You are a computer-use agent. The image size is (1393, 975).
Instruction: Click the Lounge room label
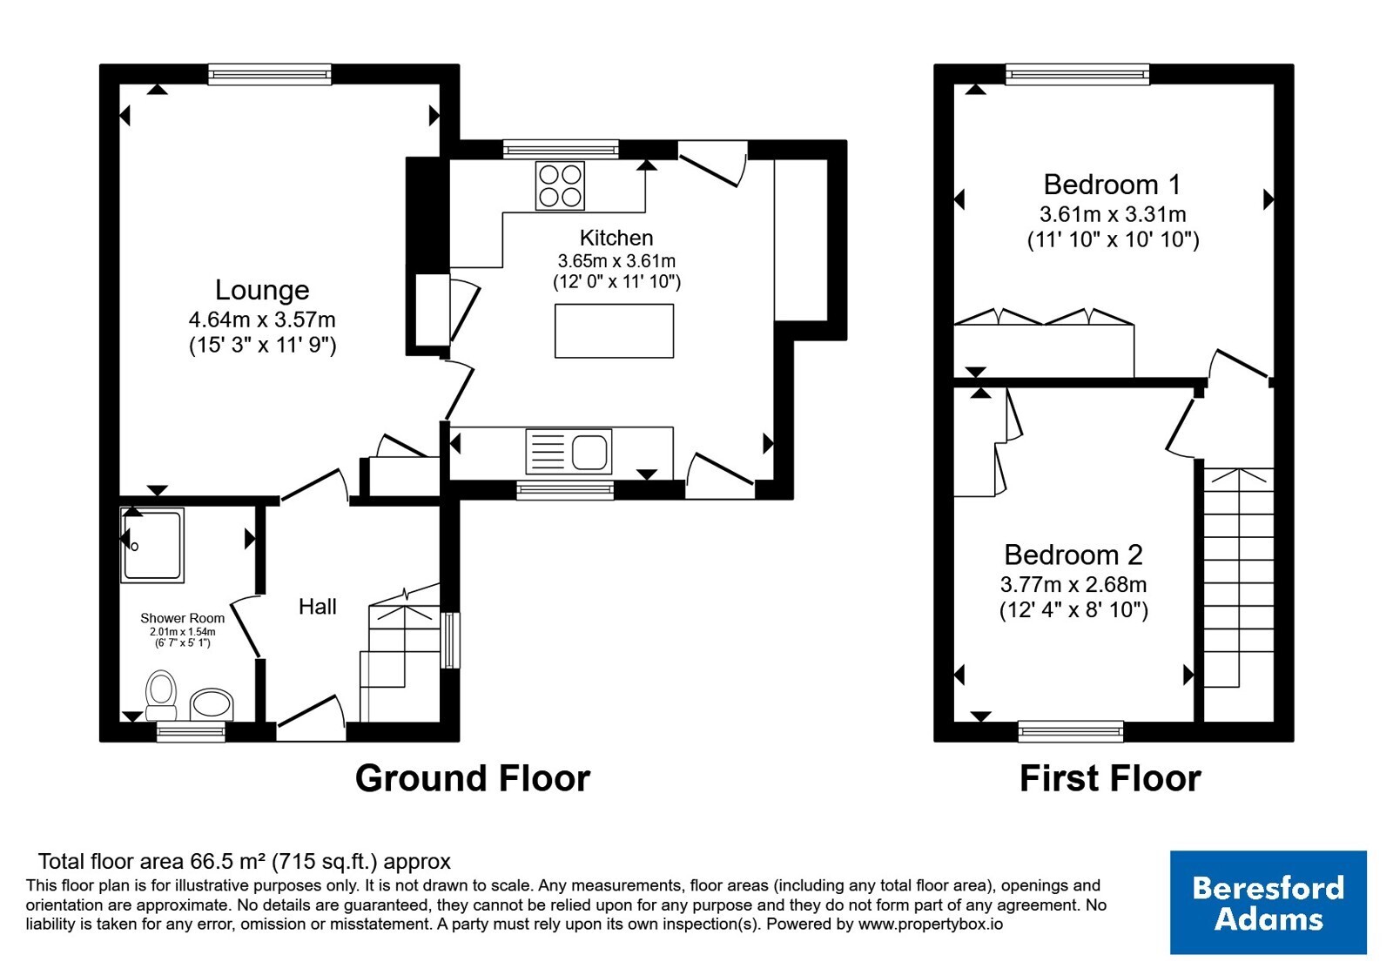(262, 290)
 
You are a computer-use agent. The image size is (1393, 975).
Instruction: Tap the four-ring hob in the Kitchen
(560, 185)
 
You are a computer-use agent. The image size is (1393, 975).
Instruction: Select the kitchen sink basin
(589, 452)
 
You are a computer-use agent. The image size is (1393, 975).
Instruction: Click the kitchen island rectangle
(614, 331)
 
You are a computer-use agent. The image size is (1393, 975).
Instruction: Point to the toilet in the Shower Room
(160, 695)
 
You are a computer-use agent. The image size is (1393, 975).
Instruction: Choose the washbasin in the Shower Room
(212, 704)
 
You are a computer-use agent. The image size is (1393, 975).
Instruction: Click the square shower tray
(152, 545)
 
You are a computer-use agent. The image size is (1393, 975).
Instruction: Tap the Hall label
(317, 606)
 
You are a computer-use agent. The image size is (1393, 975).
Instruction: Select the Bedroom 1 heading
(1112, 184)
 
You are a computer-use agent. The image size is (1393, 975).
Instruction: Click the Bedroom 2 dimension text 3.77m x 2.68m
(1073, 584)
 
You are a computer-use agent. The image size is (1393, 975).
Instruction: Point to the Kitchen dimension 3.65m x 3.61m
(616, 260)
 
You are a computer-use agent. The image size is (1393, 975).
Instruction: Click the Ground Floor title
(473, 778)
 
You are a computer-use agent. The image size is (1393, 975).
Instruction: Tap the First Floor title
(1110, 778)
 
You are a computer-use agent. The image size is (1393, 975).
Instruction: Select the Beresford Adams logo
(1268, 902)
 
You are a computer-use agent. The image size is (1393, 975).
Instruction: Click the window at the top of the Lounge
(269, 74)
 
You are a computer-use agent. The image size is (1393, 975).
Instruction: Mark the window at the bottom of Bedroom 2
(1071, 731)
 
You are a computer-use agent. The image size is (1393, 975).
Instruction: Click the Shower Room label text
(182, 618)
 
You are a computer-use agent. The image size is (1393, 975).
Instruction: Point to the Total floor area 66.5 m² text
(245, 861)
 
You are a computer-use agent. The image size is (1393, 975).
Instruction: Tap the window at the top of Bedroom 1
(1078, 74)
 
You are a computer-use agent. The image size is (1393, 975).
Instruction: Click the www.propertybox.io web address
(931, 924)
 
